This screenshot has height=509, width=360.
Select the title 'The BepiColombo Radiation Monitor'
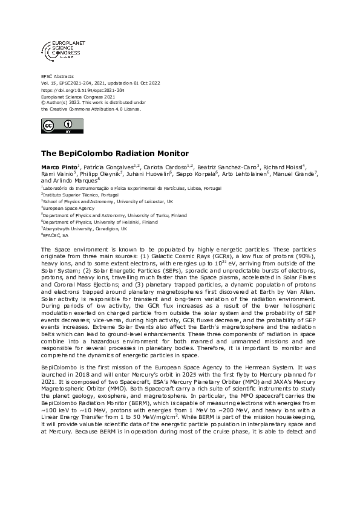pos(114,154)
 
